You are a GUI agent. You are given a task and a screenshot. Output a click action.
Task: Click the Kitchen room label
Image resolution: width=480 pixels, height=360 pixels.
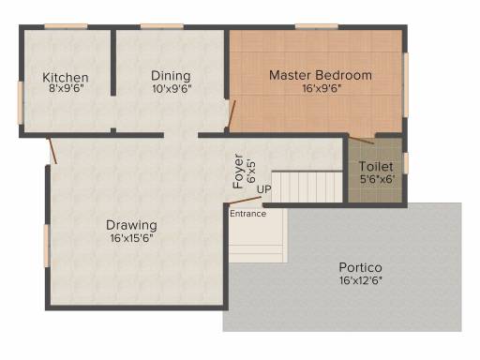click(x=66, y=77)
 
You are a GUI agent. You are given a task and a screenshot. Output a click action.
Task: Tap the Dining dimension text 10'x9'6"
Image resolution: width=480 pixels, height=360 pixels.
click(x=172, y=89)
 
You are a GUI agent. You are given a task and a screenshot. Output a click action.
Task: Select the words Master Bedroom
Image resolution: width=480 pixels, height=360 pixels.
click(x=321, y=75)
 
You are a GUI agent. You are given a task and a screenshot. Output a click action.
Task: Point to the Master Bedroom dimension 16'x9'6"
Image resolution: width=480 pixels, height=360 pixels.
click(x=322, y=88)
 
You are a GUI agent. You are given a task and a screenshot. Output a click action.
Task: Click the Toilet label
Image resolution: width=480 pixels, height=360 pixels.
click(x=376, y=166)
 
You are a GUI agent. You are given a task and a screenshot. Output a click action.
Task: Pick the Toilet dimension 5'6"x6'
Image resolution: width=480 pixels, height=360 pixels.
click(x=377, y=179)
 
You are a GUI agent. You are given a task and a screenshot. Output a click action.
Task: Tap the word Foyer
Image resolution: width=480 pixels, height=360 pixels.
click(x=238, y=172)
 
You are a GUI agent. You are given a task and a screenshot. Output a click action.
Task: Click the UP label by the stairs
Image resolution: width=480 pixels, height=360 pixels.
click(x=263, y=189)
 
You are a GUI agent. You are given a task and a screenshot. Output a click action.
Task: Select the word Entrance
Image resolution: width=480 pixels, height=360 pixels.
click(x=247, y=214)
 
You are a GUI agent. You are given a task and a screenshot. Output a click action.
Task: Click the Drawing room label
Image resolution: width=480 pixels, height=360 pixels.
click(x=131, y=225)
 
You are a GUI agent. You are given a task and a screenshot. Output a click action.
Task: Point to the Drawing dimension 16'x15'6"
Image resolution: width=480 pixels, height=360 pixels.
click(x=131, y=238)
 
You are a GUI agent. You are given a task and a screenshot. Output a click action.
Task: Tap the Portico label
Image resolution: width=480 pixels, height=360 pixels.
click(x=360, y=267)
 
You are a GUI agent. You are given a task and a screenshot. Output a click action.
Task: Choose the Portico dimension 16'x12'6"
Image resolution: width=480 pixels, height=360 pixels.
click(x=361, y=280)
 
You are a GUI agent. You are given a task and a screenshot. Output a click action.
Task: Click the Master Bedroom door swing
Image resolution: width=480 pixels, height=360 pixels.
click(x=232, y=114)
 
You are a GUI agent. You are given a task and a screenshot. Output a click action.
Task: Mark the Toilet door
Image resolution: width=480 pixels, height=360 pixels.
click(x=361, y=141)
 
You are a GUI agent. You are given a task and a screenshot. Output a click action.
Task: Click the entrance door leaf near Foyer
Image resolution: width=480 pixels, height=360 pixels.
click(x=245, y=201)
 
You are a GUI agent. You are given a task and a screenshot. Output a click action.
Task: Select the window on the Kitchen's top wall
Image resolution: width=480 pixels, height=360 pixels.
click(x=66, y=26)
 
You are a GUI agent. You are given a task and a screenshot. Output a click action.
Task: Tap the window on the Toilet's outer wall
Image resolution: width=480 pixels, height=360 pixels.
click(x=406, y=162)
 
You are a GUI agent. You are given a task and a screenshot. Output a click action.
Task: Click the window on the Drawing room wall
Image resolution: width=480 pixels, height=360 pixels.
click(x=47, y=246)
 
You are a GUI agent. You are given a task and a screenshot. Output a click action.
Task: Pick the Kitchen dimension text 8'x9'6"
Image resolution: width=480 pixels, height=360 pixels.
click(x=67, y=89)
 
